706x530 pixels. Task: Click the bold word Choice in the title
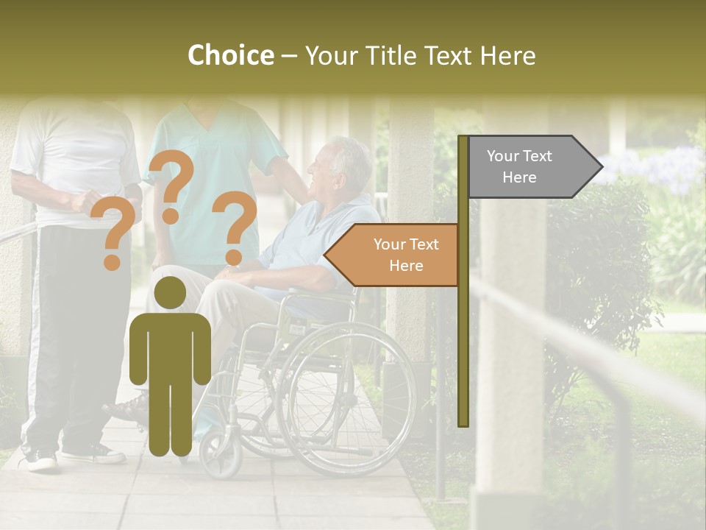coord(230,56)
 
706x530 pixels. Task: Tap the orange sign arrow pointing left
coord(393,255)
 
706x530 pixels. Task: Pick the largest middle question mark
coord(171,184)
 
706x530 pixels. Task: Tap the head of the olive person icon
coord(170,293)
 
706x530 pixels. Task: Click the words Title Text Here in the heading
coord(420,56)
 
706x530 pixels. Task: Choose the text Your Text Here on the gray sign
coord(519,166)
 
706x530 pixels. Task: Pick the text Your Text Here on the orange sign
coord(405,255)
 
